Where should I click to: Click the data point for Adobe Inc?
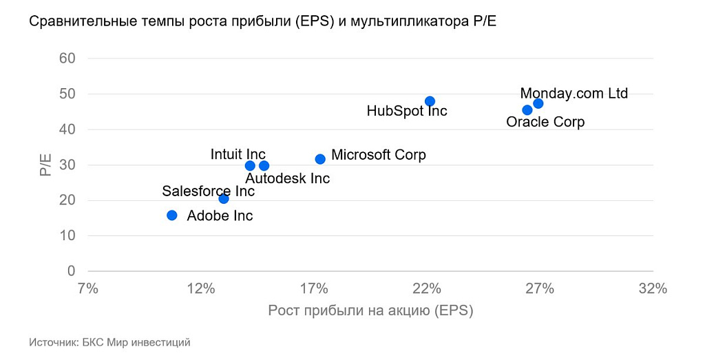tap(172, 215)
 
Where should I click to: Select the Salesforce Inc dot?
tap(224, 199)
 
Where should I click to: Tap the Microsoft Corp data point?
tap(320, 159)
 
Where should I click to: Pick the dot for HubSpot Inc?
tap(430, 101)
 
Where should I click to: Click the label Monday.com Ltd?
tap(574, 93)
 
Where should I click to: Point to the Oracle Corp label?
tap(545, 122)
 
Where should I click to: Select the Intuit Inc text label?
tap(238, 154)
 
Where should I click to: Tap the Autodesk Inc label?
tap(288, 178)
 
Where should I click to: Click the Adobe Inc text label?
tap(220, 215)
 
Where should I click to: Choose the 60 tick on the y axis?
tap(67, 58)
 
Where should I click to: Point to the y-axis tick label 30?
tap(67, 165)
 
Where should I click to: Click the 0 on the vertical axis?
tap(71, 271)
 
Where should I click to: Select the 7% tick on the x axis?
tap(88, 288)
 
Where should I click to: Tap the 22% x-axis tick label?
tap(427, 288)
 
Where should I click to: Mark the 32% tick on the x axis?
tap(653, 288)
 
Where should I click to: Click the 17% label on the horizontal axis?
tap(314, 288)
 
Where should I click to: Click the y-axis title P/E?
tap(46, 165)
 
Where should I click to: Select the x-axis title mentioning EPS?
tap(370, 310)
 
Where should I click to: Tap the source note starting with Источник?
tap(109, 342)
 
